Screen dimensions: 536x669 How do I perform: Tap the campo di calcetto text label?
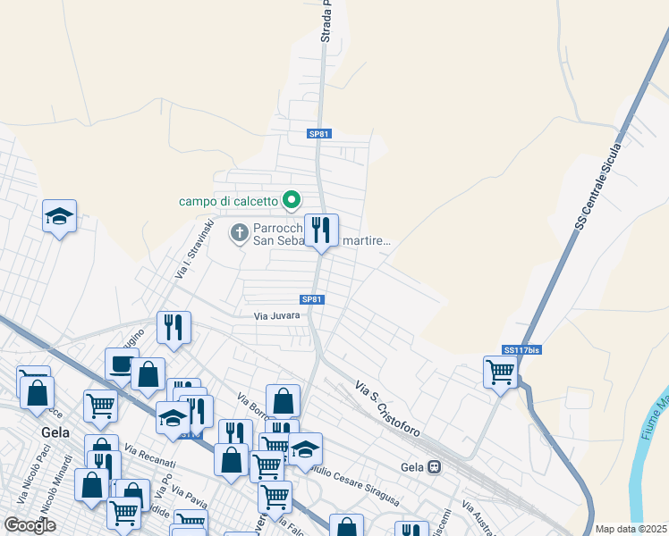point(228,201)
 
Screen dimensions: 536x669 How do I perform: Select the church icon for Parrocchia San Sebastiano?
point(239,233)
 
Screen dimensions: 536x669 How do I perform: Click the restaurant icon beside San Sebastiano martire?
point(321,230)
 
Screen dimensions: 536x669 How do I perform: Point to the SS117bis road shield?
point(521,350)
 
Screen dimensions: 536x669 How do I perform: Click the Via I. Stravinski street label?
point(193,248)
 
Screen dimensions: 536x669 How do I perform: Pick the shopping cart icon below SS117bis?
point(500,372)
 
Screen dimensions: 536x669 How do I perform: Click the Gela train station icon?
point(435,467)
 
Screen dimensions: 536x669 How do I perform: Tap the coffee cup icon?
point(121,364)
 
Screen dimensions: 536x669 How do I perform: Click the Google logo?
point(30,525)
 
